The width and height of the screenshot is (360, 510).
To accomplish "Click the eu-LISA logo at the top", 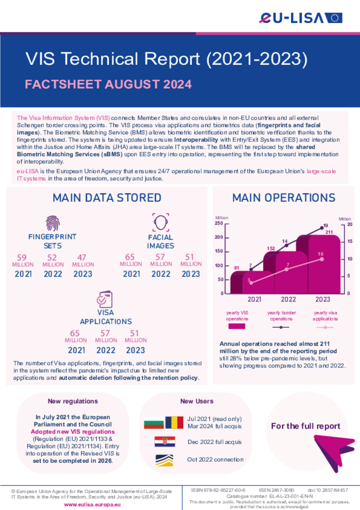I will [300, 18].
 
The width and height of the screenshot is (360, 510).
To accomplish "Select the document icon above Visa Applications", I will [105, 299].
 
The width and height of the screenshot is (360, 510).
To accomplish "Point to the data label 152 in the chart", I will [270, 248].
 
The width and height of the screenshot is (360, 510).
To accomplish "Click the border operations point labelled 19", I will [322, 228].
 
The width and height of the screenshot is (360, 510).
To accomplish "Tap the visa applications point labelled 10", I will [322, 259].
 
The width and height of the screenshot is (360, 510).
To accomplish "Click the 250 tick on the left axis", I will [219, 223].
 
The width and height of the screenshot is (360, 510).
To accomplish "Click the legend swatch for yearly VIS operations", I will [237, 326].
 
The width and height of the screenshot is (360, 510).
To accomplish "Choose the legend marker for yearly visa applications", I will [325, 327].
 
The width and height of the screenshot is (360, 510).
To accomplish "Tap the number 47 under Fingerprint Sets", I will [82, 258].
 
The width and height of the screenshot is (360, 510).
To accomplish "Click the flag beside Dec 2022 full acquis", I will [165, 441].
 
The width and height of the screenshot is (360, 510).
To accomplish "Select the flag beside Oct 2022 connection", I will [165, 460].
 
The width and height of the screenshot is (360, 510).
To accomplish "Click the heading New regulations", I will [73, 401].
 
